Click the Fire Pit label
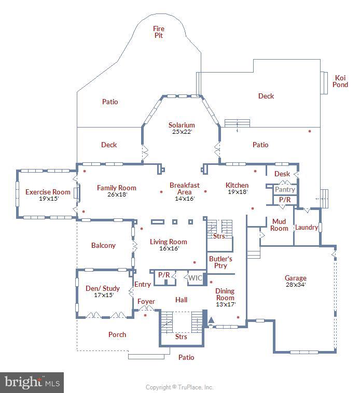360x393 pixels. [x=159, y=32]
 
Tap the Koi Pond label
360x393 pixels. [x=340, y=81]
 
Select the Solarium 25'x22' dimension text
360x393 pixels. [x=182, y=132]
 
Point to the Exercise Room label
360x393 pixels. [x=48, y=192]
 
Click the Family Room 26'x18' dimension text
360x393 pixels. [x=117, y=194]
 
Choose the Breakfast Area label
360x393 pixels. [x=185, y=189]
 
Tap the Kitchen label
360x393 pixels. [x=237, y=185]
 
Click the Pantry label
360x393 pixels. [x=285, y=189]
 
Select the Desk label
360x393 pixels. [x=282, y=174]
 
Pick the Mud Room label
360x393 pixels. [x=279, y=225]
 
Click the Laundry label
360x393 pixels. [x=307, y=227]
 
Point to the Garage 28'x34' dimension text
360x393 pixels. [x=296, y=285]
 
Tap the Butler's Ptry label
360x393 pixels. [x=220, y=262]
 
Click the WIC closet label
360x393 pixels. [x=195, y=278]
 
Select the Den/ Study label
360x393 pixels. [x=103, y=288]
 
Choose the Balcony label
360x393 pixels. [x=103, y=245]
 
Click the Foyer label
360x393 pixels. [x=146, y=302]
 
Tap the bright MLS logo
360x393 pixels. [x=32, y=383]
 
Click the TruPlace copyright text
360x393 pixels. [x=179, y=387]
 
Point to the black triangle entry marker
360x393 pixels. [x=211, y=320]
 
